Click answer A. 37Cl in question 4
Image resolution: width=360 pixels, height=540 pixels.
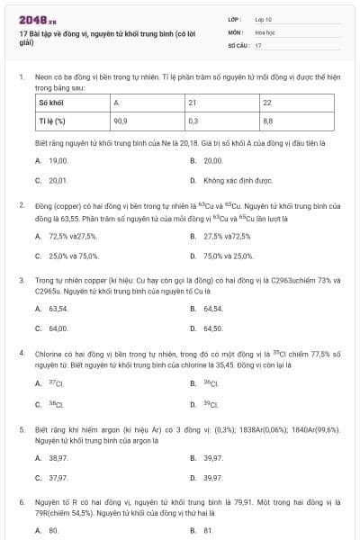tap(52, 382)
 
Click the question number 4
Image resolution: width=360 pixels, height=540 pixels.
tap(21, 354)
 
